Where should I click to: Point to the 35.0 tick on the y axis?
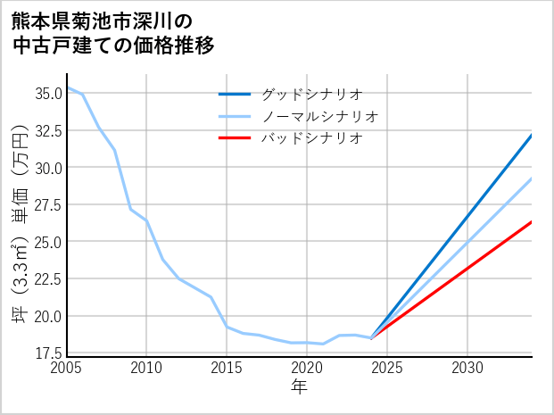click(47, 93)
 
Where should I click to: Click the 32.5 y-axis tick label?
click(47, 130)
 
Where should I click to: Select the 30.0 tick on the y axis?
click(47, 168)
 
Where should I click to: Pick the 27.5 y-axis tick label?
click(47, 204)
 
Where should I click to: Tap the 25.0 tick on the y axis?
click(47, 242)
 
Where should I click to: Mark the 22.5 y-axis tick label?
click(47, 279)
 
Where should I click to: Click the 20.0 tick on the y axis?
click(47, 316)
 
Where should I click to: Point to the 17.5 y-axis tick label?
click(47, 353)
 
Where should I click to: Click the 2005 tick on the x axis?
click(67, 368)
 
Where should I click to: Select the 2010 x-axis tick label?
click(146, 368)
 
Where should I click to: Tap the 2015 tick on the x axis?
click(227, 368)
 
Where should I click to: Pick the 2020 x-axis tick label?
click(307, 368)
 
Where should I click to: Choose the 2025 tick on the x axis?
click(387, 368)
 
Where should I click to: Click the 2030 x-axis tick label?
click(467, 368)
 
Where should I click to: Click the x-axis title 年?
click(299, 386)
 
